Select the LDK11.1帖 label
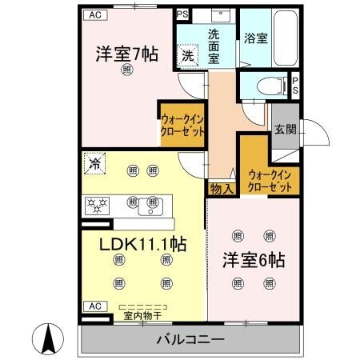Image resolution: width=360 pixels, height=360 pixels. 142,244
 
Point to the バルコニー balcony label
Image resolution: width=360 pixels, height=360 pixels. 190,340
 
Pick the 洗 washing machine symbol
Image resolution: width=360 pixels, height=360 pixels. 186,55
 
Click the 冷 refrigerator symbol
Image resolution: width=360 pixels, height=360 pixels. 95,166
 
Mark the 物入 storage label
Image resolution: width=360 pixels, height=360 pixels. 221,189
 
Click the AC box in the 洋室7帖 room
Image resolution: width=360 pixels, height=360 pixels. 95,14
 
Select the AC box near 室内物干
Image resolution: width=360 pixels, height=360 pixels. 94,306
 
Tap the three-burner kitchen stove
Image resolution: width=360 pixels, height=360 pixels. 98,206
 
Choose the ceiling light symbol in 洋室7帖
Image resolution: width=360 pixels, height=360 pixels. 127,71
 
